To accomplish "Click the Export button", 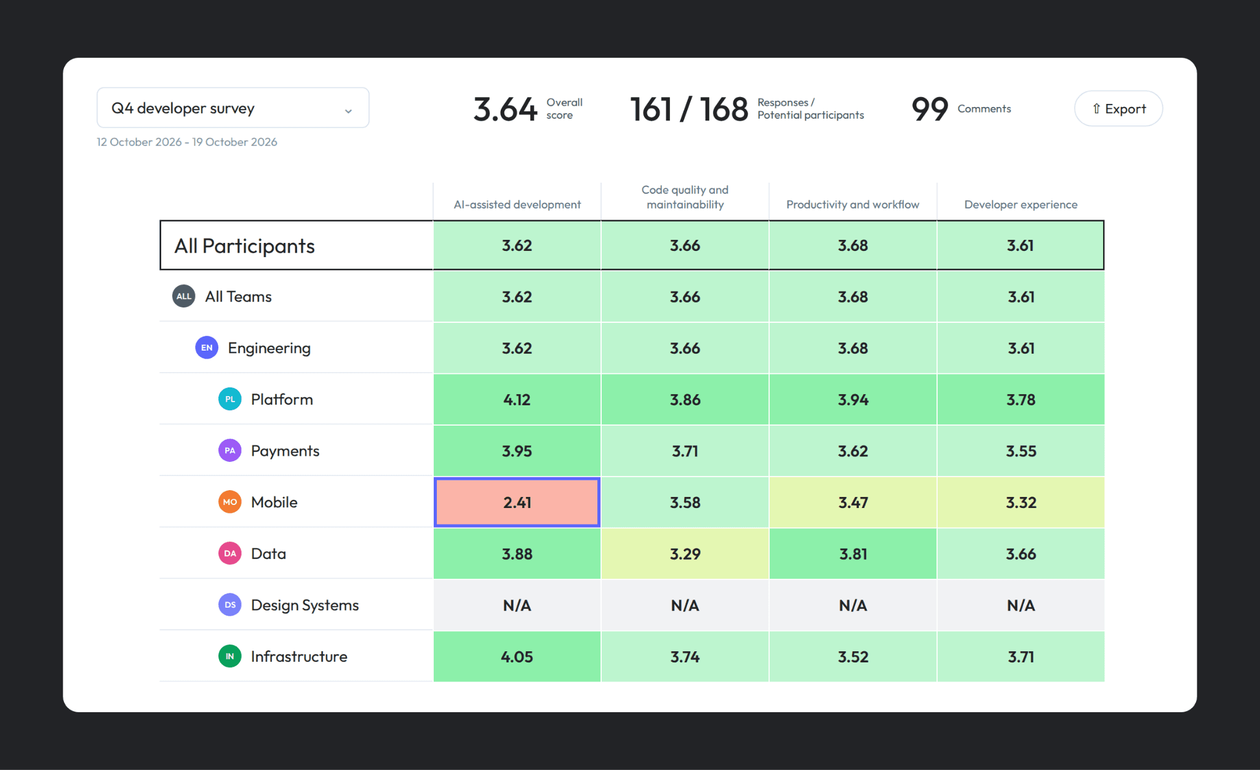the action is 1118,109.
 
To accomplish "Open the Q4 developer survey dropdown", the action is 233,108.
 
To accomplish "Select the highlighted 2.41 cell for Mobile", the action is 517,502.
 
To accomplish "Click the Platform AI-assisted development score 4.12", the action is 517,399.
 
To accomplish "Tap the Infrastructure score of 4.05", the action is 517,656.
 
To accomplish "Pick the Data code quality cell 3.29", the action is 685,554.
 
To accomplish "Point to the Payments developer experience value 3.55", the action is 1021,451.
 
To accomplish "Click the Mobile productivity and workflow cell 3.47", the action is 853,502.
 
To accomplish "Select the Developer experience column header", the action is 1021,204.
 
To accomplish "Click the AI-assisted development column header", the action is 517,204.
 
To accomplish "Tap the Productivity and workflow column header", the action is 853,204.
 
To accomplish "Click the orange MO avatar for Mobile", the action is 230,502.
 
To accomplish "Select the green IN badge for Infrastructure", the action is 230,656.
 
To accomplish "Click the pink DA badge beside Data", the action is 230,554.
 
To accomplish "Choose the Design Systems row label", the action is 305,605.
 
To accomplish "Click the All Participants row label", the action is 244,246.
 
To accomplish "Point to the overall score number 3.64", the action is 505,109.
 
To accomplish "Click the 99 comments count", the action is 930,109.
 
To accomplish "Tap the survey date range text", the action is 187,142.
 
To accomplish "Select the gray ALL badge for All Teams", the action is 184,296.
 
